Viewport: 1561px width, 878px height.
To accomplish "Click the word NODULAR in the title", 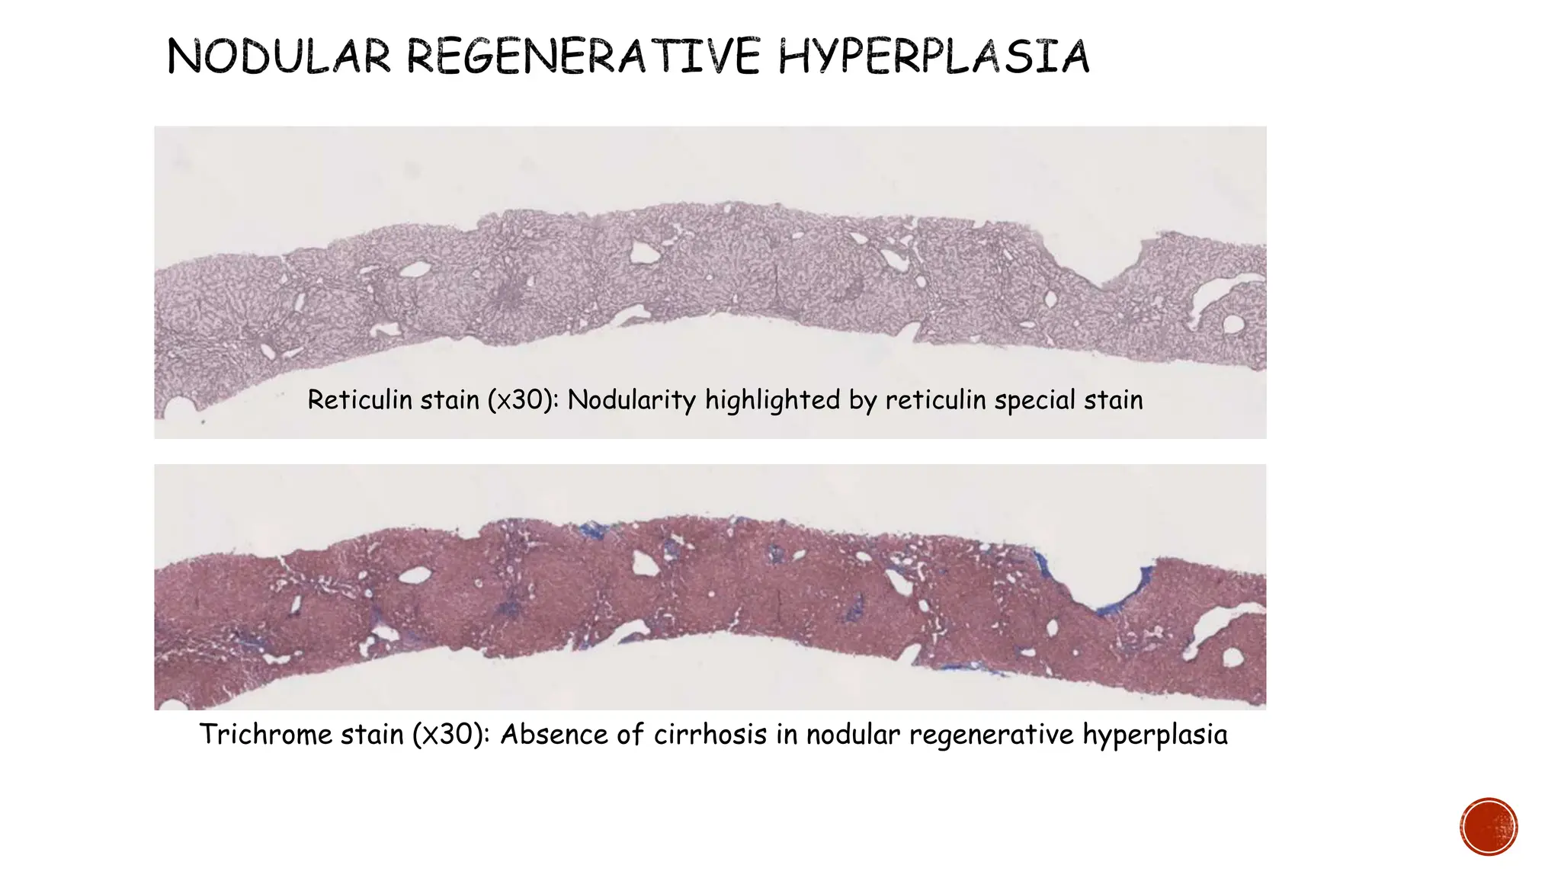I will (278, 57).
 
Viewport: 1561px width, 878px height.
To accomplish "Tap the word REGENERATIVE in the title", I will (583, 57).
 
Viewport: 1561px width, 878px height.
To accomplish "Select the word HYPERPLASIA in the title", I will (933, 57).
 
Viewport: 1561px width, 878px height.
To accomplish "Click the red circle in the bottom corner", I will (1489, 827).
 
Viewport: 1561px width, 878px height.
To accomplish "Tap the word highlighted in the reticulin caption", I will (772, 400).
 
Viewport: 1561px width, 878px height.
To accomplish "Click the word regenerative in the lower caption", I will (991, 735).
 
